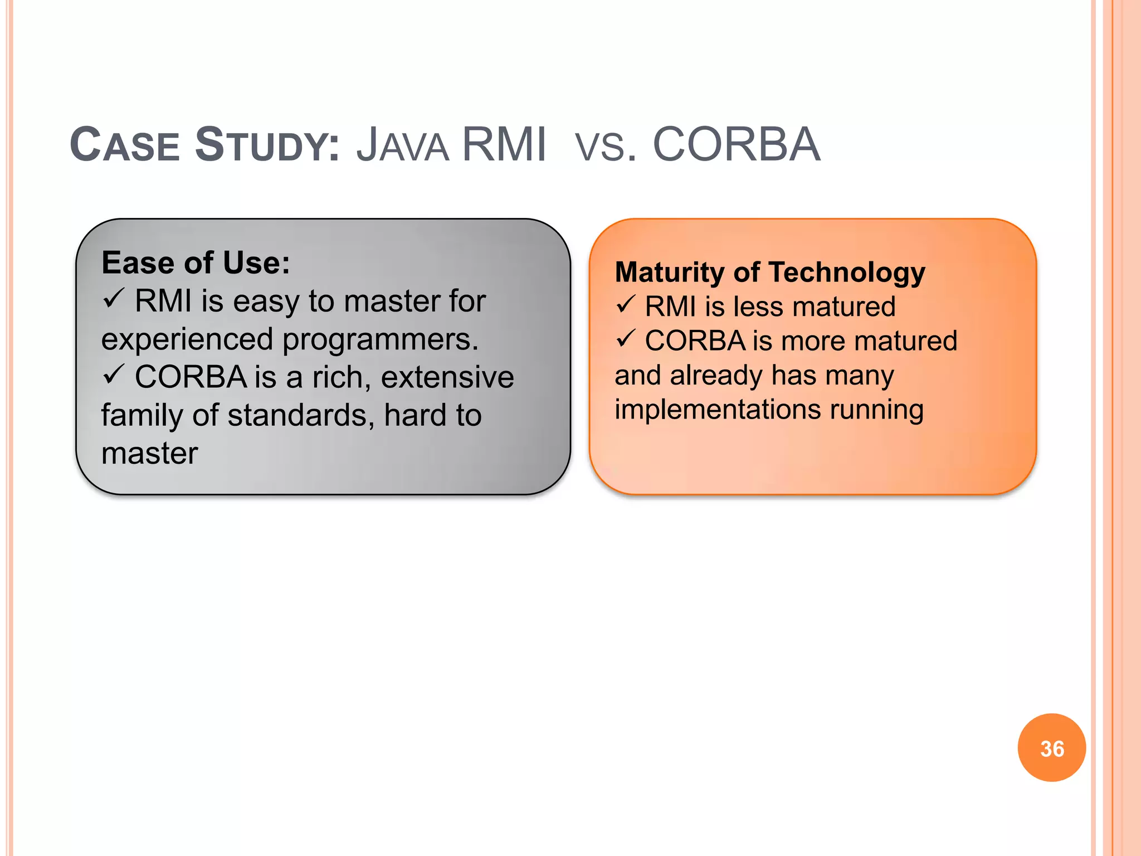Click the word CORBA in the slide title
tap(736, 145)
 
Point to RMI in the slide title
tap(504, 145)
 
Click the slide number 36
tap(1052, 748)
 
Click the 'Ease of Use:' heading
tap(196, 262)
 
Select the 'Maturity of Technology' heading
tap(770, 273)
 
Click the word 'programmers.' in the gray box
tap(381, 340)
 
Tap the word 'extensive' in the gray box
tap(447, 377)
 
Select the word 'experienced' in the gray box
tap(187, 340)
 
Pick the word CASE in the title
tap(125, 145)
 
